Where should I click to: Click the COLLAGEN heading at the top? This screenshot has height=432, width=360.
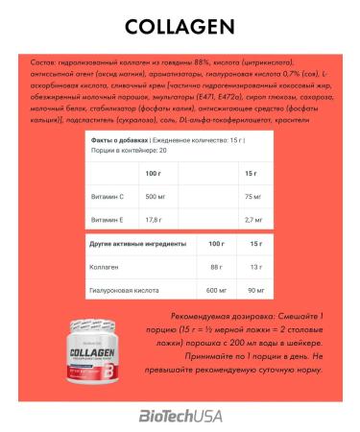pyautogui.click(x=180, y=26)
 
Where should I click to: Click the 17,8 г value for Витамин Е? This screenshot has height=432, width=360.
pyautogui.click(x=153, y=219)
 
